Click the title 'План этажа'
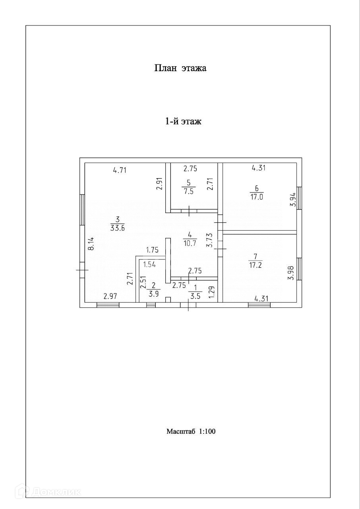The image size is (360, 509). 180,68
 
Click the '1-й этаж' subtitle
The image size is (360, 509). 183,121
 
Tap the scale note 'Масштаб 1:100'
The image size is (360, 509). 191,431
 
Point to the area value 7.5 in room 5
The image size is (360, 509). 188,190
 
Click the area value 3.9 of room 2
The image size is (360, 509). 153,293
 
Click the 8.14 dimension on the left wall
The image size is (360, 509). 91,243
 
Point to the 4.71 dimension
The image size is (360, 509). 119,171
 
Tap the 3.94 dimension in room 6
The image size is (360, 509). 292,199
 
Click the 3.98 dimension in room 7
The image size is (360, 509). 290,273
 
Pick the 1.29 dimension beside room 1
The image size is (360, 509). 211,292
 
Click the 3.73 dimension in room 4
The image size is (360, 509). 210,240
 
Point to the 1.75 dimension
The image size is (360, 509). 152,250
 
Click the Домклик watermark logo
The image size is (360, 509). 50,492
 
